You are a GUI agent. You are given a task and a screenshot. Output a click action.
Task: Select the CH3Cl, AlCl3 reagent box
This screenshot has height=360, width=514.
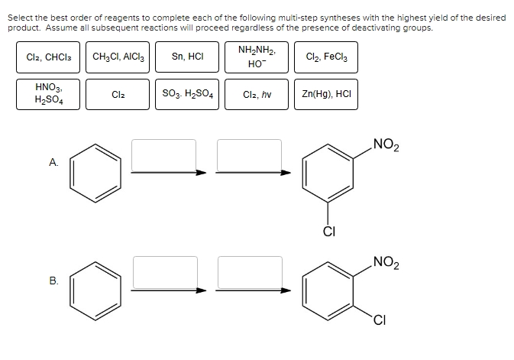click(118, 57)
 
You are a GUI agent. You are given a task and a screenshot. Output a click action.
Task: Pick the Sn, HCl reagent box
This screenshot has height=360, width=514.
click(187, 57)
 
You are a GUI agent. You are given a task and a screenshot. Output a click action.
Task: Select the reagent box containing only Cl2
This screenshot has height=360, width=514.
click(118, 95)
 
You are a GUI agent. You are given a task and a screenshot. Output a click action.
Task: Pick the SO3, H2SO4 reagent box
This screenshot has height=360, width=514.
click(187, 95)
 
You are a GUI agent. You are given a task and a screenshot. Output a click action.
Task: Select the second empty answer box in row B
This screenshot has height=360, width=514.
click(251, 271)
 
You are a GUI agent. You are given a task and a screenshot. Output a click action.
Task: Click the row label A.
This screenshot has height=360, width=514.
click(53, 162)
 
